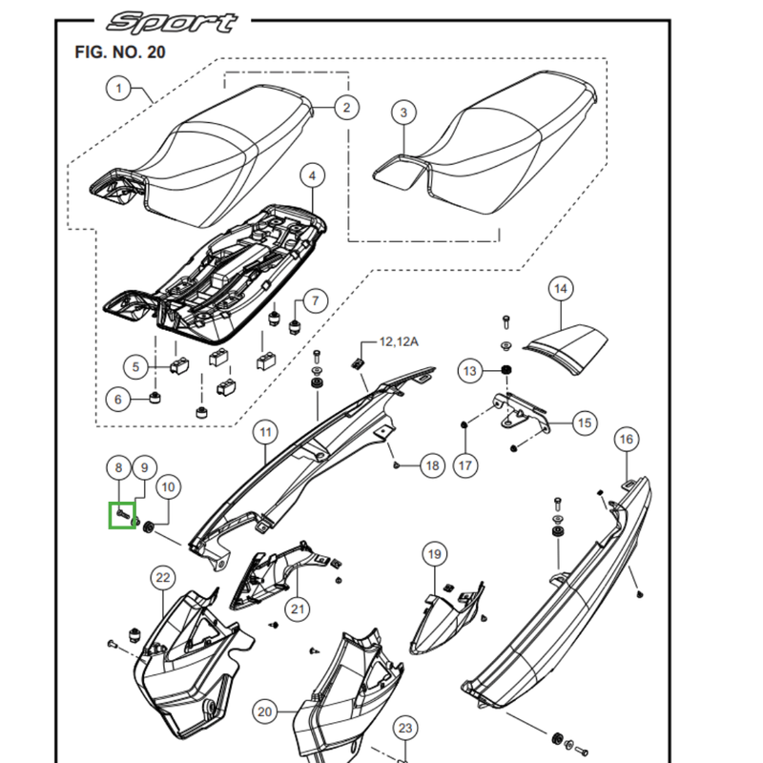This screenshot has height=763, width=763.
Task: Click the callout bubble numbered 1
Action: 119,89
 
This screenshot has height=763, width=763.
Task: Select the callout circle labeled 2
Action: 345,108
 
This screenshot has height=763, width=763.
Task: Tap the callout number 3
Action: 403,113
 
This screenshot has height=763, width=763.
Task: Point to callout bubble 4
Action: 311,176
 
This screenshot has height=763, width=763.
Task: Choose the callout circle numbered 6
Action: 118,399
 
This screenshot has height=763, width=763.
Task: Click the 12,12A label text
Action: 399,340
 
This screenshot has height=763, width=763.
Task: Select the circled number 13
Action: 470,370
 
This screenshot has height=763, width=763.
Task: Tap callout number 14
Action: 560,288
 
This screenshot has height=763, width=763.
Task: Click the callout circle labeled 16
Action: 626,440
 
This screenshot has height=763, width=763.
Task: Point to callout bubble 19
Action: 435,554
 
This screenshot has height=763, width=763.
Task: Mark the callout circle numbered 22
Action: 163,577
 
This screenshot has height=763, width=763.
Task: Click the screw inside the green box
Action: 123,515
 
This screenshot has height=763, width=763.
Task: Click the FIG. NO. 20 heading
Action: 119,52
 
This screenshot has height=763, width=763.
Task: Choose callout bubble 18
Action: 432,465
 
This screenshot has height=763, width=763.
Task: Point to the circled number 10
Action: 167,487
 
